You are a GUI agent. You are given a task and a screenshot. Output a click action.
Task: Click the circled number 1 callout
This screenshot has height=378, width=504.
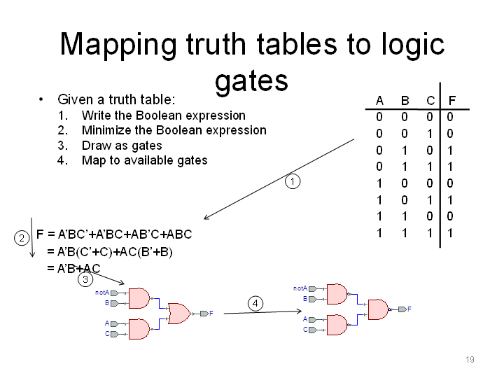pyautogui.click(x=293, y=181)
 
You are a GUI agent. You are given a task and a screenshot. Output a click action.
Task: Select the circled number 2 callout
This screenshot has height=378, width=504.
pyautogui.click(x=22, y=238)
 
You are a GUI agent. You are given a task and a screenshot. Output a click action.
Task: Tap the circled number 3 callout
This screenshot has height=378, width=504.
pyautogui.click(x=85, y=279)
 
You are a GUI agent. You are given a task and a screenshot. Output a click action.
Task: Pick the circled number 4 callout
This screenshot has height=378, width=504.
pyautogui.click(x=255, y=303)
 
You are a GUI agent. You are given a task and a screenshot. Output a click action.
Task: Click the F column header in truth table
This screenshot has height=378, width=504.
pyautogui.click(x=452, y=101)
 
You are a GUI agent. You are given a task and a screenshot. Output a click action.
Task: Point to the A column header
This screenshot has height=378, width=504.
pyautogui.click(x=379, y=101)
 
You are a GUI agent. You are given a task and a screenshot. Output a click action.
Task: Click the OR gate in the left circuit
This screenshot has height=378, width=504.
pyautogui.click(x=179, y=314)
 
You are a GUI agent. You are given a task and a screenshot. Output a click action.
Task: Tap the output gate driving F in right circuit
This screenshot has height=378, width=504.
pyautogui.click(x=378, y=309)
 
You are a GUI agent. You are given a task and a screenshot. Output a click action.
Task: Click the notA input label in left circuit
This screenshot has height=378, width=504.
pyautogui.click(x=102, y=293)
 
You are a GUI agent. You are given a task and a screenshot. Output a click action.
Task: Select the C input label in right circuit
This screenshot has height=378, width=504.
pyautogui.click(x=305, y=330)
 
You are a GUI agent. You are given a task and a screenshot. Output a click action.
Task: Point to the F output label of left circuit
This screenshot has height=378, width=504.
pyautogui.click(x=211, y=313)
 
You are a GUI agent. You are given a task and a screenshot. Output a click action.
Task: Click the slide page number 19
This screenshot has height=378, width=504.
pyautogui.click(x=470, y=359)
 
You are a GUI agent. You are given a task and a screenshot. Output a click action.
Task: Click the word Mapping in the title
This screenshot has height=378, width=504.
pyautogui.click(x=118, y=45)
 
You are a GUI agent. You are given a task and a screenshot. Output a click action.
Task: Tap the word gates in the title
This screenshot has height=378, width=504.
pyautogui.click(x=252, y=80)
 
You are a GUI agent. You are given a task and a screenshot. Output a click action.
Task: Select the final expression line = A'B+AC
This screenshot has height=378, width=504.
pyautogui.click(x=73, y=268)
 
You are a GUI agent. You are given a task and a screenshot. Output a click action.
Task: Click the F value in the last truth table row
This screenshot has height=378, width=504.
pyautogui.click(x=450, y=232)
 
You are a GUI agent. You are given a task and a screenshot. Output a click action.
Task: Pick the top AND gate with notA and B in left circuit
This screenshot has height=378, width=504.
pyautogui.click(x=139, y=298)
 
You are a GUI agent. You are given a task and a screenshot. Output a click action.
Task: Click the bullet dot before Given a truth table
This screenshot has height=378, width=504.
pyautogui.click(x=41, y=99)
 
